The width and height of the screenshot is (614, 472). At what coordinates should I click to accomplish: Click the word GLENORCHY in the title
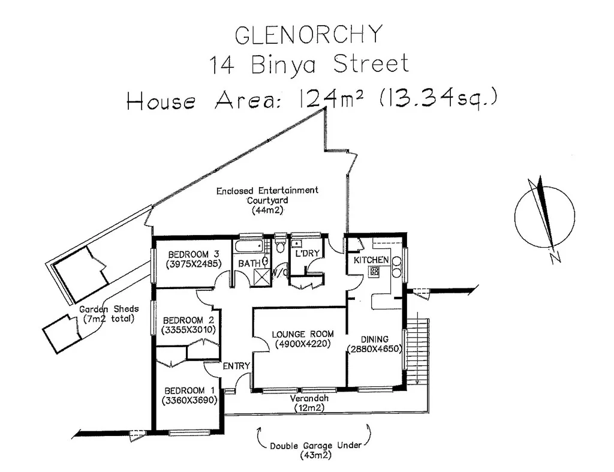click(308, 35)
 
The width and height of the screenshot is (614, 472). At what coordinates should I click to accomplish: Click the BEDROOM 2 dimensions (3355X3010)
click(189, 329)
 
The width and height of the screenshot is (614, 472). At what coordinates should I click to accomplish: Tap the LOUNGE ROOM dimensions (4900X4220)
click(303, 344)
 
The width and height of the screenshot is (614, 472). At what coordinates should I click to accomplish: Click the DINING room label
click(375, 339)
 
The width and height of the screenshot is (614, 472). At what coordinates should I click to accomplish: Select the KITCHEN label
click(372, 260)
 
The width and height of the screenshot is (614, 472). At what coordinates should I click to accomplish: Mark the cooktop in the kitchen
click(375, 271)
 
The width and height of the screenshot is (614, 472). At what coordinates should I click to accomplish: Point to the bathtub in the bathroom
click(248, 246)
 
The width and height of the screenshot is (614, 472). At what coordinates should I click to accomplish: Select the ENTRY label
click(236, 366)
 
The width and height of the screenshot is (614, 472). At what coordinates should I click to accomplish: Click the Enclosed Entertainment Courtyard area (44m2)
click(267, 211)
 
